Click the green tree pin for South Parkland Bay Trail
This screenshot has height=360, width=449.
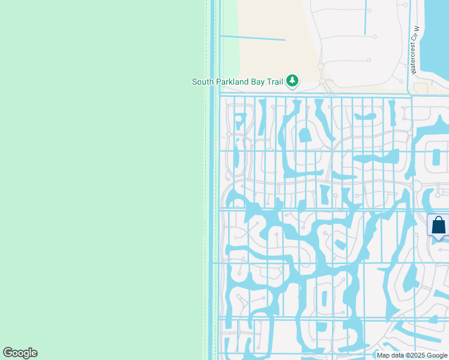[x=292, y=80]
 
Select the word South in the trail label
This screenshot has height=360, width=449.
[x=203, y=82]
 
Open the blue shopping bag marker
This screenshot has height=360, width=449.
[x=439, y=226]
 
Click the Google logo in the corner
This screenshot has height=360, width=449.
[x=20, y=353]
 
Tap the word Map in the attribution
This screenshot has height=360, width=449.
[x=384, y=355]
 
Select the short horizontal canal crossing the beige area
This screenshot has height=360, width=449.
[x=252, y=38]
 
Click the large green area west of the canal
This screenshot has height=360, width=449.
[x=102, y=180]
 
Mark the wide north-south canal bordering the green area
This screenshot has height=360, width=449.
[x=212, y=180]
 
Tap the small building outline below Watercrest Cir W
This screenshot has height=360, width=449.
[x=420, y=88]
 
